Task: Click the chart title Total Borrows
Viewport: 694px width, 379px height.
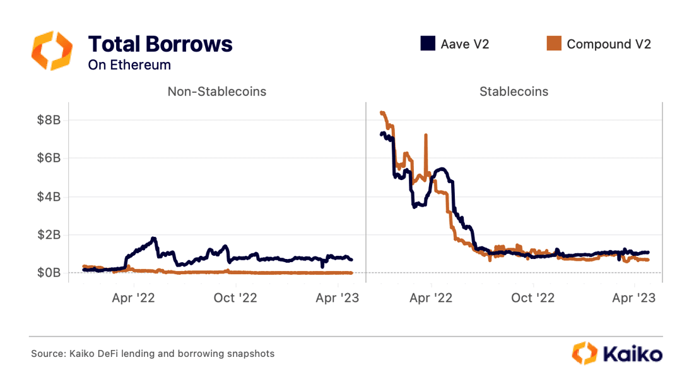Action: (x=160, y=44)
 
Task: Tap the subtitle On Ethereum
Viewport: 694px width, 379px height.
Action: (x=129, y=64)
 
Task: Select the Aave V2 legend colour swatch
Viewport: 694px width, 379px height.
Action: (x=428, y=44)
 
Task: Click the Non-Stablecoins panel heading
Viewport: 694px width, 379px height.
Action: (x=216, y=92)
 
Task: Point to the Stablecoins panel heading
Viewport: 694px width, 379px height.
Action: (x=514, y=92)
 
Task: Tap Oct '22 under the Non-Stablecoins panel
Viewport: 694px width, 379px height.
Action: (x=235, y=298)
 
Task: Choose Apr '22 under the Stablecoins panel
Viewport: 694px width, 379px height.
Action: (x=430, y=298)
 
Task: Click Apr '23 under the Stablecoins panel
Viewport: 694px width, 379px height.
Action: (x=634, y=298)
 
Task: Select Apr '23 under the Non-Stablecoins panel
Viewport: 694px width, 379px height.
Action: (x=338, y=298)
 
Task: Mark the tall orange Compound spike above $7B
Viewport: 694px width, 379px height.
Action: (x=426, y=136)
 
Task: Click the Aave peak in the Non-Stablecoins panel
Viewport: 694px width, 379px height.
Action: (x=153, y=239)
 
